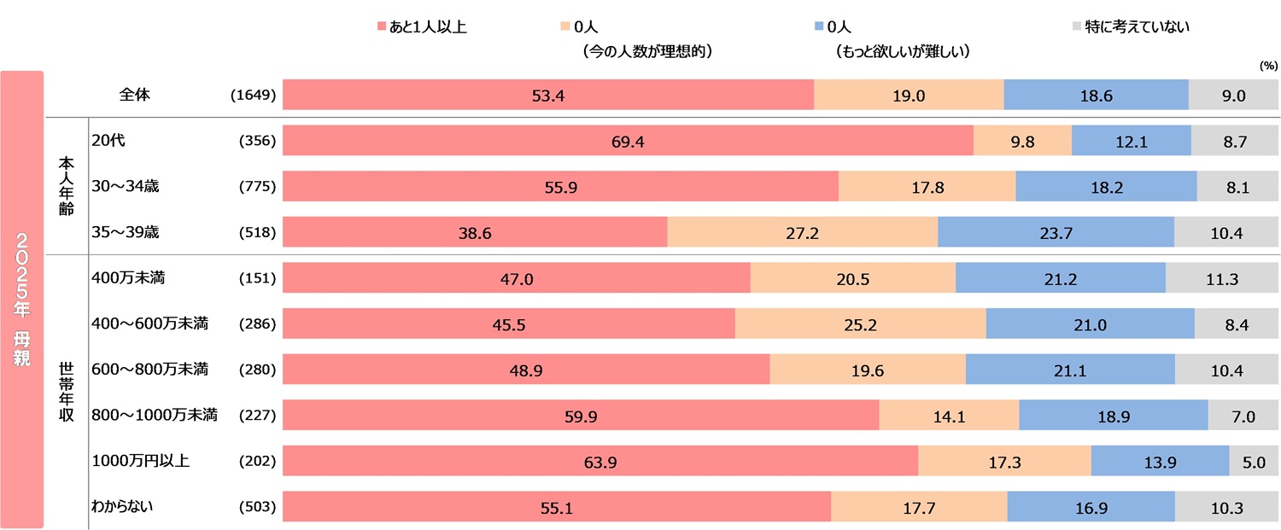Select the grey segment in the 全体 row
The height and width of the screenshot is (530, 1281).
tap(1233, 95)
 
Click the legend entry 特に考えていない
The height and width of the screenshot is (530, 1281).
tap(1137, 26)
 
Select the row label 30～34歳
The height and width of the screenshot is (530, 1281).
tap(125, 186)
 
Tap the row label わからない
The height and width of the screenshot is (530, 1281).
tap(122, 507)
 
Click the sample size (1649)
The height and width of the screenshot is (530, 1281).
tap(253, 95)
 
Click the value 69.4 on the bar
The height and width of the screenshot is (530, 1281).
tap(628, 141)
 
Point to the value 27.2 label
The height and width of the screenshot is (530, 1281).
tap(802, 233)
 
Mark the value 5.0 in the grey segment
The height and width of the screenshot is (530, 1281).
tap(1255, 463)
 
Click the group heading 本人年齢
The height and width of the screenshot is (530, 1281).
tap(67, 186)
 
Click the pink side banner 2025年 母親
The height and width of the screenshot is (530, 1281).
tap(22, 299)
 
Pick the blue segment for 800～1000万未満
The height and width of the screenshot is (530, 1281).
tap(1113, 416)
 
